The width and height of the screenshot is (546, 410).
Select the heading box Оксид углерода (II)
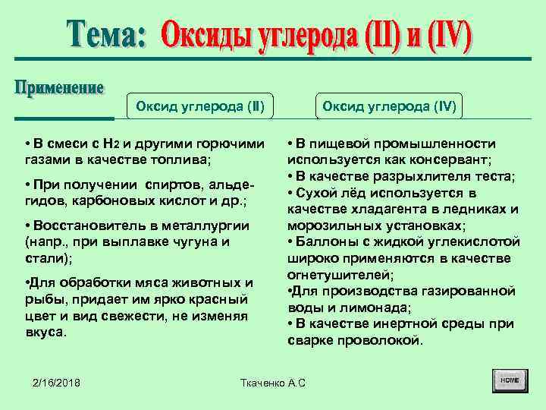(x=200, y=106)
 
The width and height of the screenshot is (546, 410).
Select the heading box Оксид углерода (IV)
(x=389, y=106)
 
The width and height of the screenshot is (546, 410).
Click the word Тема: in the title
(x=106, y=35)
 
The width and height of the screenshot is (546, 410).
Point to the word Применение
(x=59, y=88)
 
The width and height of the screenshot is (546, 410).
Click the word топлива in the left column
(x=183, y=159)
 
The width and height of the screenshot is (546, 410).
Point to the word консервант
(x=452, y=159)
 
